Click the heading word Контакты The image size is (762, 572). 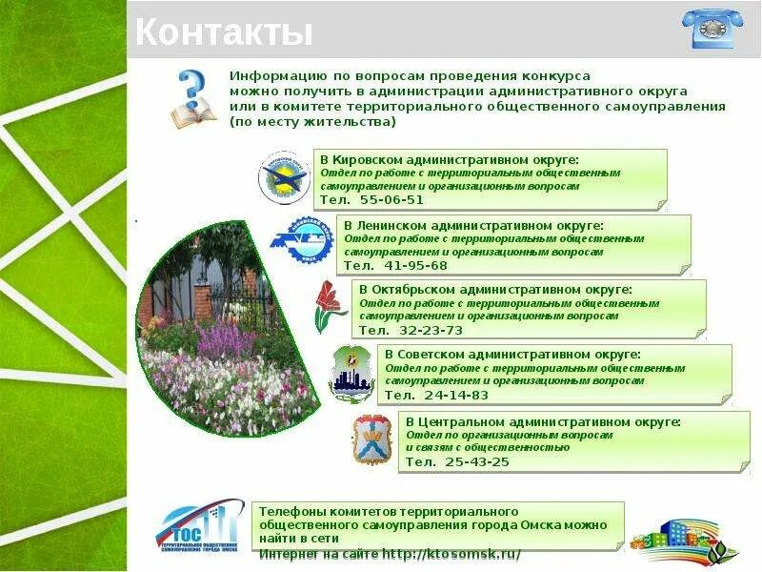(224, 33)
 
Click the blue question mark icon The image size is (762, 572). (192, 96)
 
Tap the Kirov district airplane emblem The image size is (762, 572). (285, 177)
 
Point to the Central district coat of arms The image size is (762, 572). (371, 439)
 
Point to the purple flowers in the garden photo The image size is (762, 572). (229, 338)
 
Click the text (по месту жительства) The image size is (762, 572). (312, 122)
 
